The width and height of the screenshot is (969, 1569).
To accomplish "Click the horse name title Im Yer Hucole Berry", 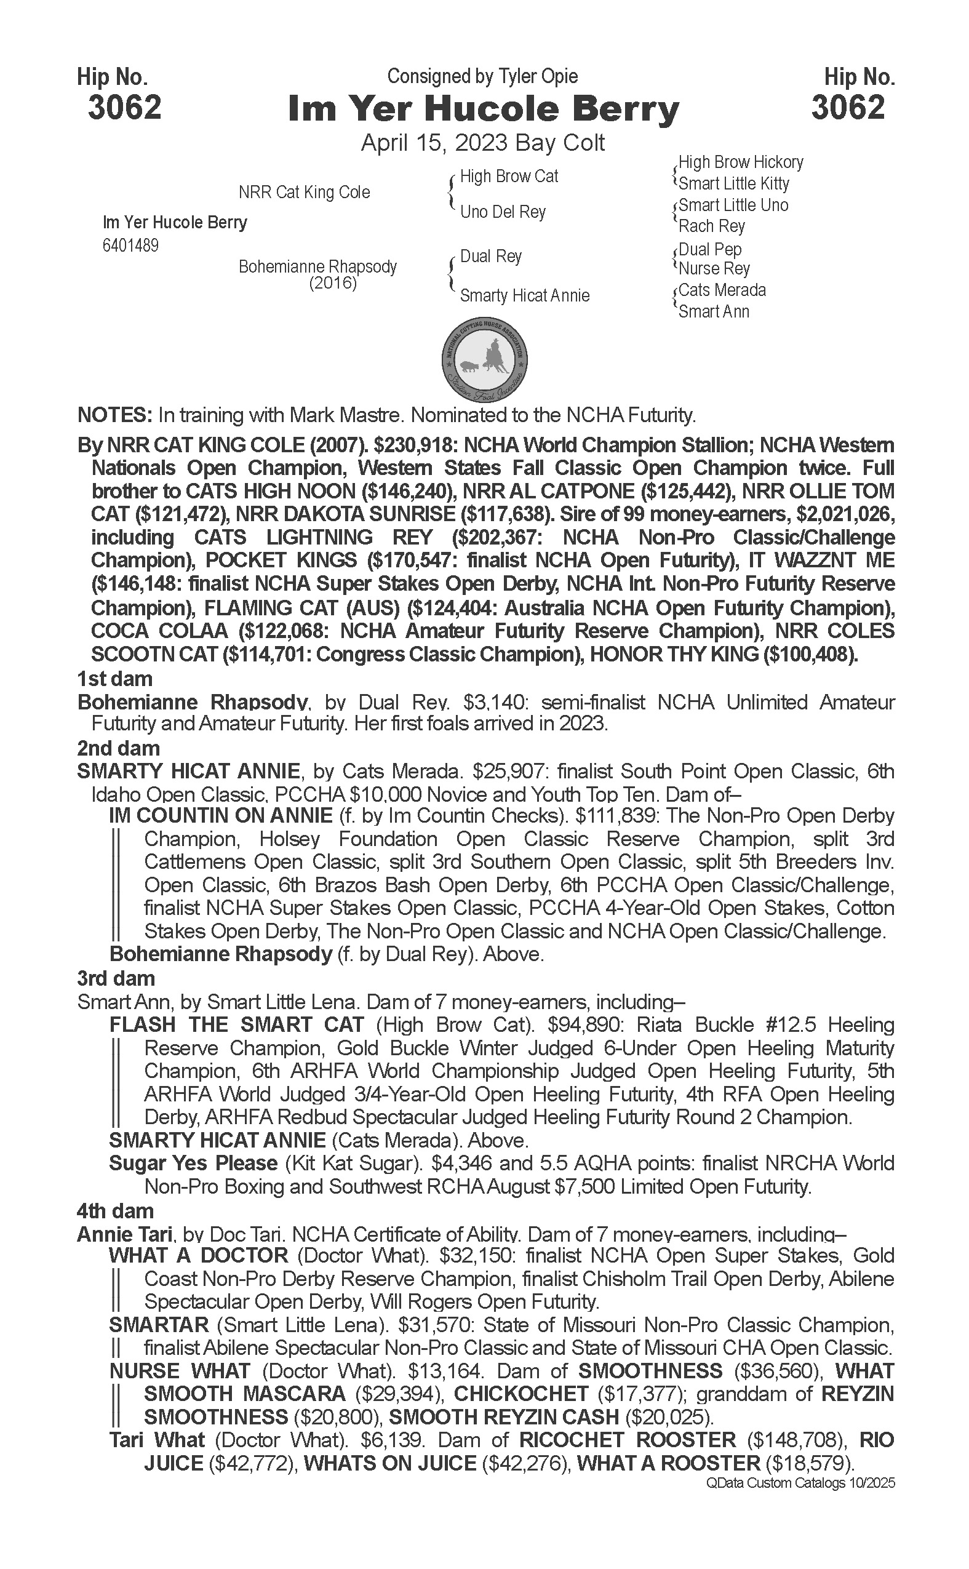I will pos(483,109).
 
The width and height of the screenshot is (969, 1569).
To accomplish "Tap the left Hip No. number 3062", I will pos(125,107).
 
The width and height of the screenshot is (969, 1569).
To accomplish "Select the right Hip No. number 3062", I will pos(848,107).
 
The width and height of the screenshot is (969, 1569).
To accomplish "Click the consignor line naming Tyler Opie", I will pos(482,76).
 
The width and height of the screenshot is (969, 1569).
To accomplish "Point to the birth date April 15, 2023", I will pos(436,142).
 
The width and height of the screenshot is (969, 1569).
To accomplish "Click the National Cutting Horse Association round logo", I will pos(485,357).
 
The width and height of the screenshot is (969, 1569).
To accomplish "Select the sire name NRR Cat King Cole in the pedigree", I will pos(305,192).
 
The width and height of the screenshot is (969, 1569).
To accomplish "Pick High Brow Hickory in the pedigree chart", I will pos(741,162).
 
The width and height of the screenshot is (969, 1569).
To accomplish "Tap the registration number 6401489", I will pos(130,246).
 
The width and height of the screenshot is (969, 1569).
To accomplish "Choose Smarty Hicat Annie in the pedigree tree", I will pos(525,295).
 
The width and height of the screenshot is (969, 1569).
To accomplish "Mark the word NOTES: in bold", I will pos(114,415).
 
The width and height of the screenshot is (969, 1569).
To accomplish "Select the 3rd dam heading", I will pos(116,979).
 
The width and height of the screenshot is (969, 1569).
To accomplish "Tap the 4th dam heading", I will pos(116,1211).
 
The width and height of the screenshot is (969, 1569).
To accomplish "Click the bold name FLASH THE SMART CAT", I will pos(236,1025).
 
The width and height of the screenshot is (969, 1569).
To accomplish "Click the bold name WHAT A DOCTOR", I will pos(199,1256).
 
